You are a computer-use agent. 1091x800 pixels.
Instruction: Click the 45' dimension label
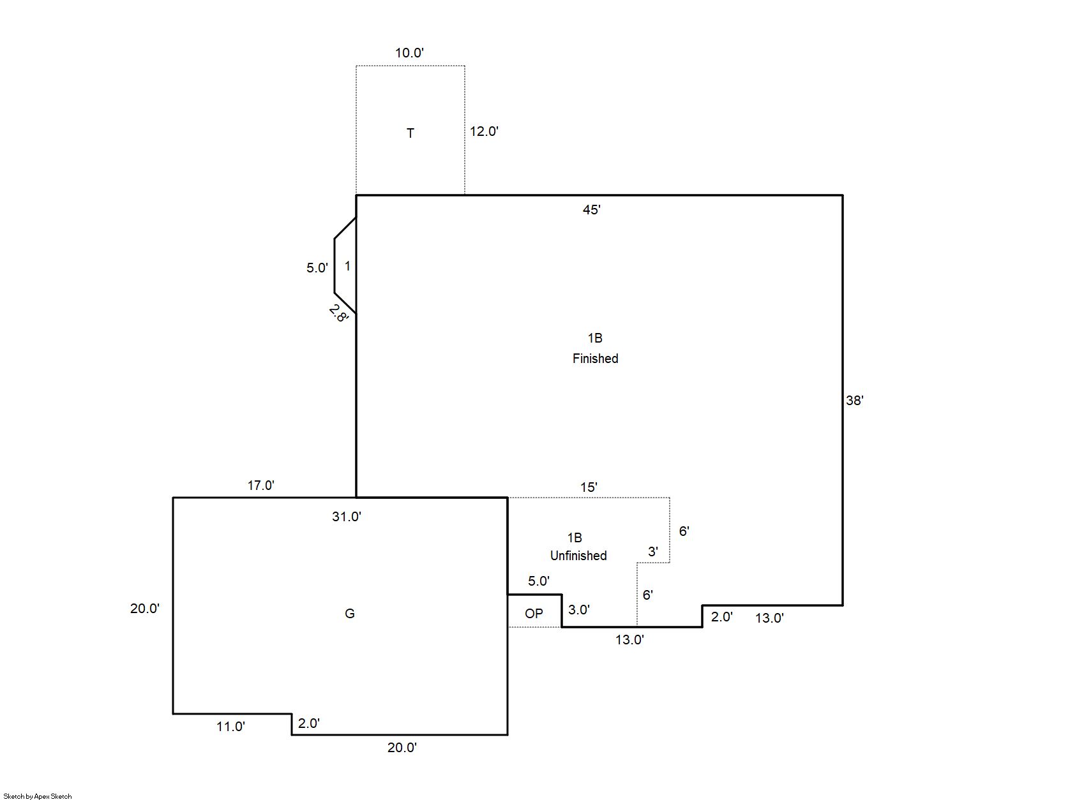click(x=591, y=210)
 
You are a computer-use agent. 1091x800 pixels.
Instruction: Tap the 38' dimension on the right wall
click(x=854, y=401)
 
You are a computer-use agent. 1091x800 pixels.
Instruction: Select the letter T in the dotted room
click(x=410, y=133)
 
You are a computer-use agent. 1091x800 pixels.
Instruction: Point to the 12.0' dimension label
click(x=484, y=131)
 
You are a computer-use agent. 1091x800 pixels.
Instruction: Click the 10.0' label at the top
click(x=409, y=52)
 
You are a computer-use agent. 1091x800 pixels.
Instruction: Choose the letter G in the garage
click(x=349, y=614)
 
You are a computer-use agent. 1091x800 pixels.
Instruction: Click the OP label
click(x=534, y=614)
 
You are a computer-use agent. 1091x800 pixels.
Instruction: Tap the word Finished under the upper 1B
click(x=595, y=359)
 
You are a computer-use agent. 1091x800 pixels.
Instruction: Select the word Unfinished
click(x=578, y=556)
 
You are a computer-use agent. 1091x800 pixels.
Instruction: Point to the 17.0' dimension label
click(x=260, y=485)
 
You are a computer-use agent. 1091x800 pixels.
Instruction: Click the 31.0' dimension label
click(x=346, y=517)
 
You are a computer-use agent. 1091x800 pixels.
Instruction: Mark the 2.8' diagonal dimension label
click(x=338, y=313)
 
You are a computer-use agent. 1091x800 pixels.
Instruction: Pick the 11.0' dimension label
click(x=230, y=727)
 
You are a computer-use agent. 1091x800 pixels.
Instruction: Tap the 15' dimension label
click(x=589, y=487)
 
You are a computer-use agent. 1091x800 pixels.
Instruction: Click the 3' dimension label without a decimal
click(x=652, y=551)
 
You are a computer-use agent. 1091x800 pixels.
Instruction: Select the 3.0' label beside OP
click(x=578, y=610)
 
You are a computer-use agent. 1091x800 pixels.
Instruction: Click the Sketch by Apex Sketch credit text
click(x=38, y=796)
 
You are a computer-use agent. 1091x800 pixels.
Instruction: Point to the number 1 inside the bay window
click(x=347, y=266)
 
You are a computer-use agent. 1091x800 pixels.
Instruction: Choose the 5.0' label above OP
click(x=539, y=581)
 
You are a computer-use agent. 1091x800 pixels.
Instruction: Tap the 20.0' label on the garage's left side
click(x=145, y=609)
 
